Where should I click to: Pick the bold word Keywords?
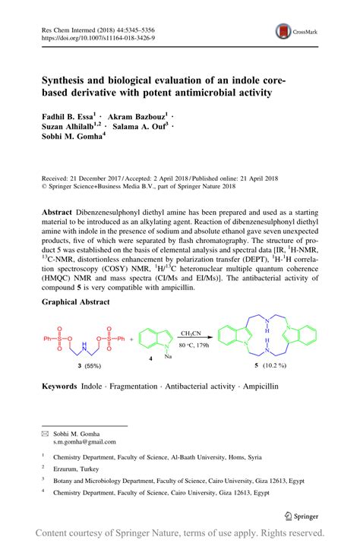59,387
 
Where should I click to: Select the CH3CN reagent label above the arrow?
193,311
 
